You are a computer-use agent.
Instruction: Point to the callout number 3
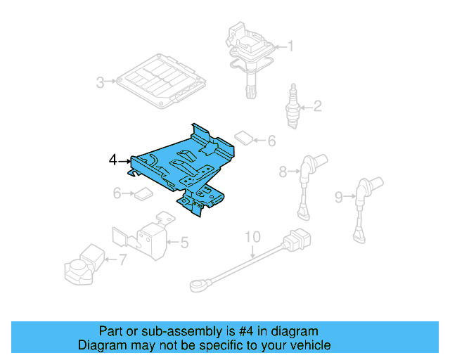[x=101, y=83]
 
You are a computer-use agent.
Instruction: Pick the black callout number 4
[x=113, y=161]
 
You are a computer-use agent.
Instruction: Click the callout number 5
[x=184, y=243]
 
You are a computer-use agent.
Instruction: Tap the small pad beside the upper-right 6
[x=243, y=136]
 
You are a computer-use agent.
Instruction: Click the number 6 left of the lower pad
[x=117, y=193]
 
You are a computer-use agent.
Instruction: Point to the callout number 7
[x=122, y=260]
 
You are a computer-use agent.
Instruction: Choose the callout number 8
[x=283, y=171]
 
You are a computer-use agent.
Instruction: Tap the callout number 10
[x=252, y=236]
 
